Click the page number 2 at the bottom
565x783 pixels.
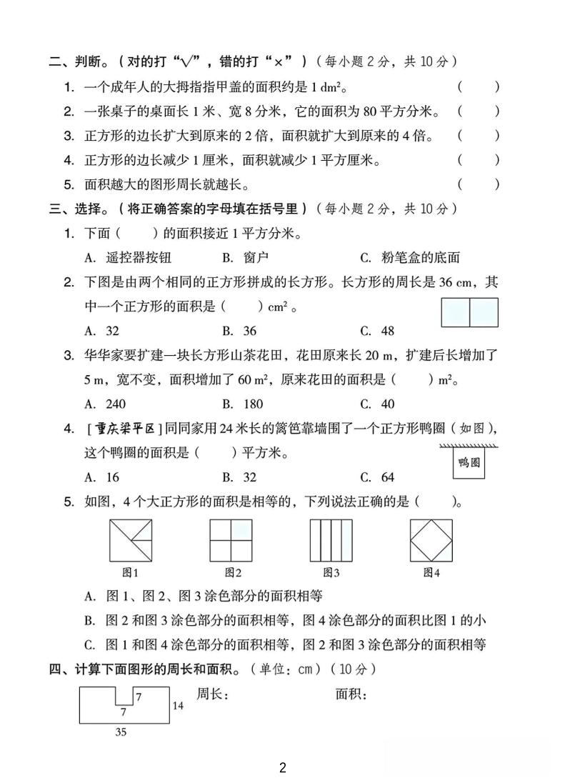pyautogui.click(x=283, y=768)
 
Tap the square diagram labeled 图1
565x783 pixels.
pyautogui.click(x=130, y=539)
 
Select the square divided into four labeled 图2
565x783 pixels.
pyautogui.click(x=231, y=539)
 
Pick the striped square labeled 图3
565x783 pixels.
pyautogui.click(x=331, y=539)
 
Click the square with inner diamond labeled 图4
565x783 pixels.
pyautogui.click(x=431, y=539)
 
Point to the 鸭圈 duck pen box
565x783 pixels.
pyautogui.click(x=469, y=463)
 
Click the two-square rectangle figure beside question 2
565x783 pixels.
pyautogui.click(x=470, y=312)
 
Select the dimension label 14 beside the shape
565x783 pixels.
pyautogui.click(x=179, y=705)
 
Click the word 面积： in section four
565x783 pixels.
pyautogui.click(x=351, y=694)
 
